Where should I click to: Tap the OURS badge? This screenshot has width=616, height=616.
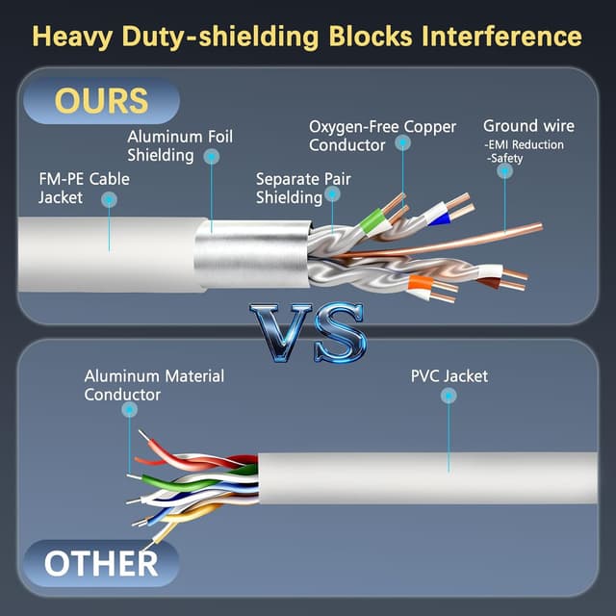coord(101,100)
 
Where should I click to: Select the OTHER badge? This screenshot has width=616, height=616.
coord(101,563)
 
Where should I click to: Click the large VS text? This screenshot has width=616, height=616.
coord(308,332)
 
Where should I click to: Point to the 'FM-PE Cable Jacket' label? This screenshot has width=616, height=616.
coord(83,188)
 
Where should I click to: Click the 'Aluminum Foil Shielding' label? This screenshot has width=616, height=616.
coord(180,145)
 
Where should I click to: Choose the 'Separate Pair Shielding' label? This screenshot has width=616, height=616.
coord(289,188)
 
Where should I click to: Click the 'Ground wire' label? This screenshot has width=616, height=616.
coord(528,126)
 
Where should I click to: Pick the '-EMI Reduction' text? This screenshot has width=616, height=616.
coord(526,144)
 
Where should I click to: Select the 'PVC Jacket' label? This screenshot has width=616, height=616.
coord(449,375)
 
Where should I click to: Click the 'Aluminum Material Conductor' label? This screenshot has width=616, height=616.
coord(154,385)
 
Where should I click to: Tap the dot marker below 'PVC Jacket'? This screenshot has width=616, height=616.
coord(448,396)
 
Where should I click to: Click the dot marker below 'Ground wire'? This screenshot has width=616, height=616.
coord(502,170)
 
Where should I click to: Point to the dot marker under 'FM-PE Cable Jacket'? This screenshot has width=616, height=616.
coord(109,200)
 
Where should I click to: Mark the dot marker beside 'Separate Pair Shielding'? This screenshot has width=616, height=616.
coord(333,193)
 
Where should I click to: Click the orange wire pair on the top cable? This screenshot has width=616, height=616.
coord(419,284)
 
